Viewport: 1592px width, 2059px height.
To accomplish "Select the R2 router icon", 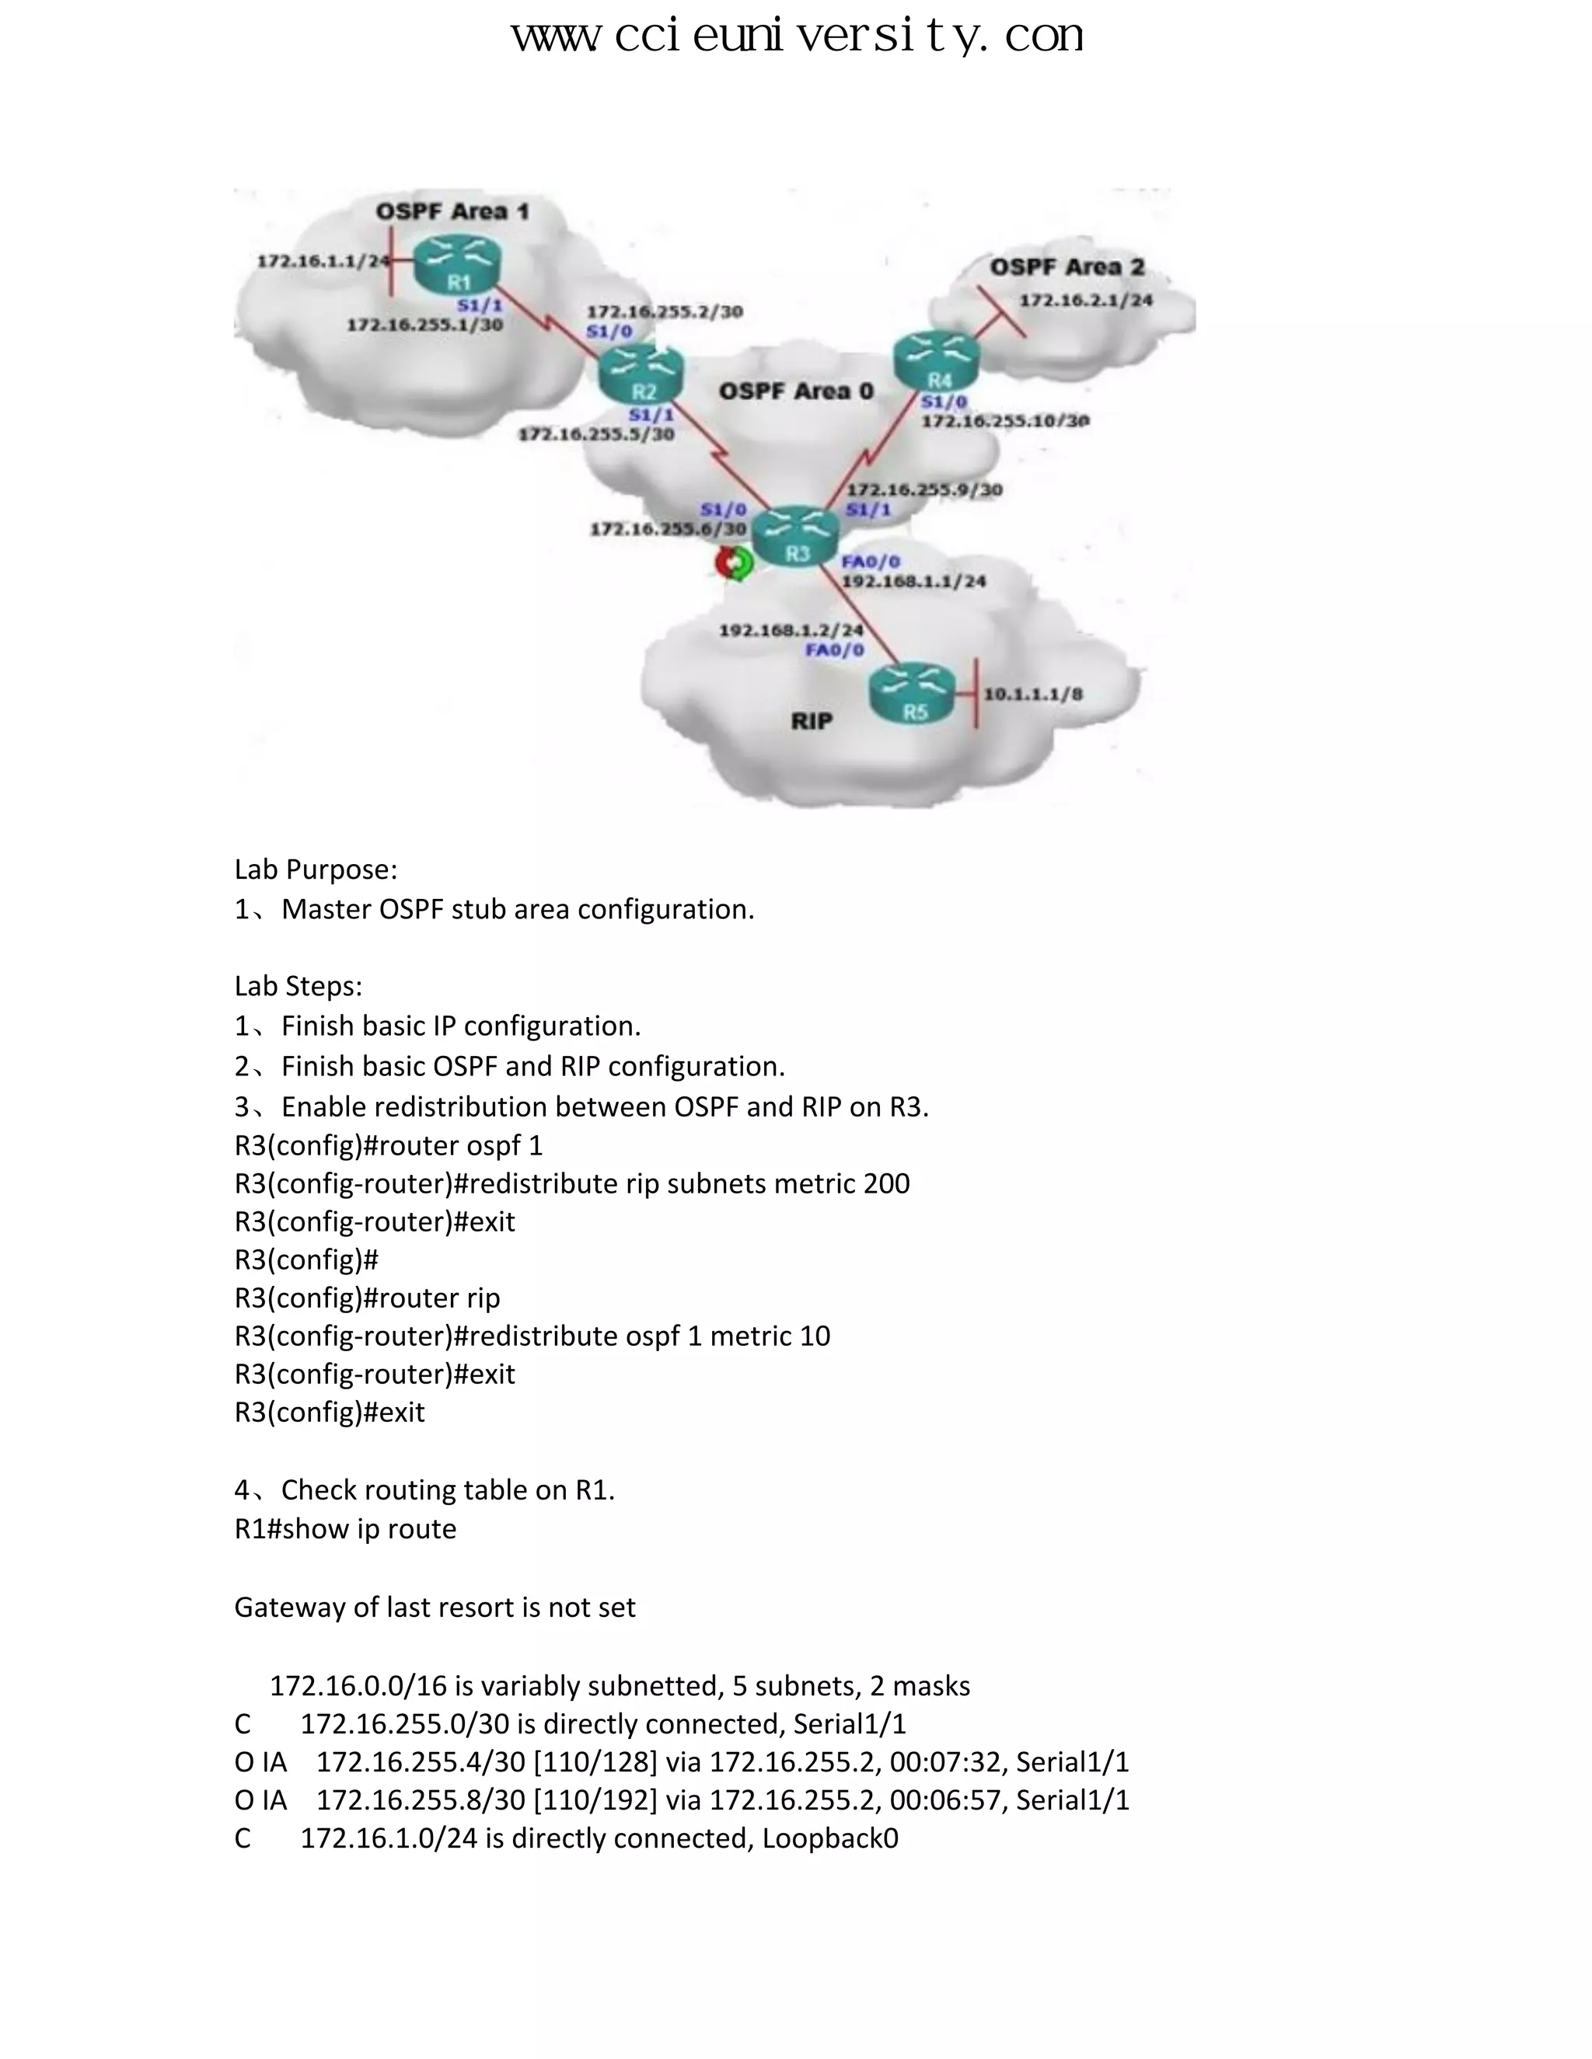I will pyautogui.click(x=641, y=375).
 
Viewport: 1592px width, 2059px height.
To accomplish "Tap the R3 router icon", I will pyautogui.click(x=798, y=538).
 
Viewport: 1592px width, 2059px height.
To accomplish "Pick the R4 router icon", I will pyautogui.click(x=937, y=363).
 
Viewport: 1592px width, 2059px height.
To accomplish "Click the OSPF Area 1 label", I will pyautogui.click(x=452, y=211).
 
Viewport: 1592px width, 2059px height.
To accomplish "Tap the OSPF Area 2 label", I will pyautogui.click(x=1066, y=268).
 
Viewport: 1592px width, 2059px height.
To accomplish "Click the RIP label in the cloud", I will pyautogui.click(x=811, y=721).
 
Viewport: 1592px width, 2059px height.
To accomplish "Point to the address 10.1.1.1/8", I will pyautogui.click(x=1033, y=695).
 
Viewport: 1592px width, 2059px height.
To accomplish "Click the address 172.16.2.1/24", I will pyautogui.click(x=1085, y=301).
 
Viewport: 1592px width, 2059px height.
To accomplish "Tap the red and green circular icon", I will pyautogui.click(x=735, y=564).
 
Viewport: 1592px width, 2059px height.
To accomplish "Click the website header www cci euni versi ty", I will pyautogui.click(x=797, y=38).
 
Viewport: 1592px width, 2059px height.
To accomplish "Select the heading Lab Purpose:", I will pyautogui.click(x=316, y=869).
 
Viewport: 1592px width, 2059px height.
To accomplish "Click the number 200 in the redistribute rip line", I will pyautogui.click(x=885, y=1184).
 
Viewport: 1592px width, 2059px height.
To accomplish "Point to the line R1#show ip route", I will pyautogui.click(x=345, y=1528).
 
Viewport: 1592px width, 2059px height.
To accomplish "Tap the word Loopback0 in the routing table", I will pyautogui.click(x=830, y=1838).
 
